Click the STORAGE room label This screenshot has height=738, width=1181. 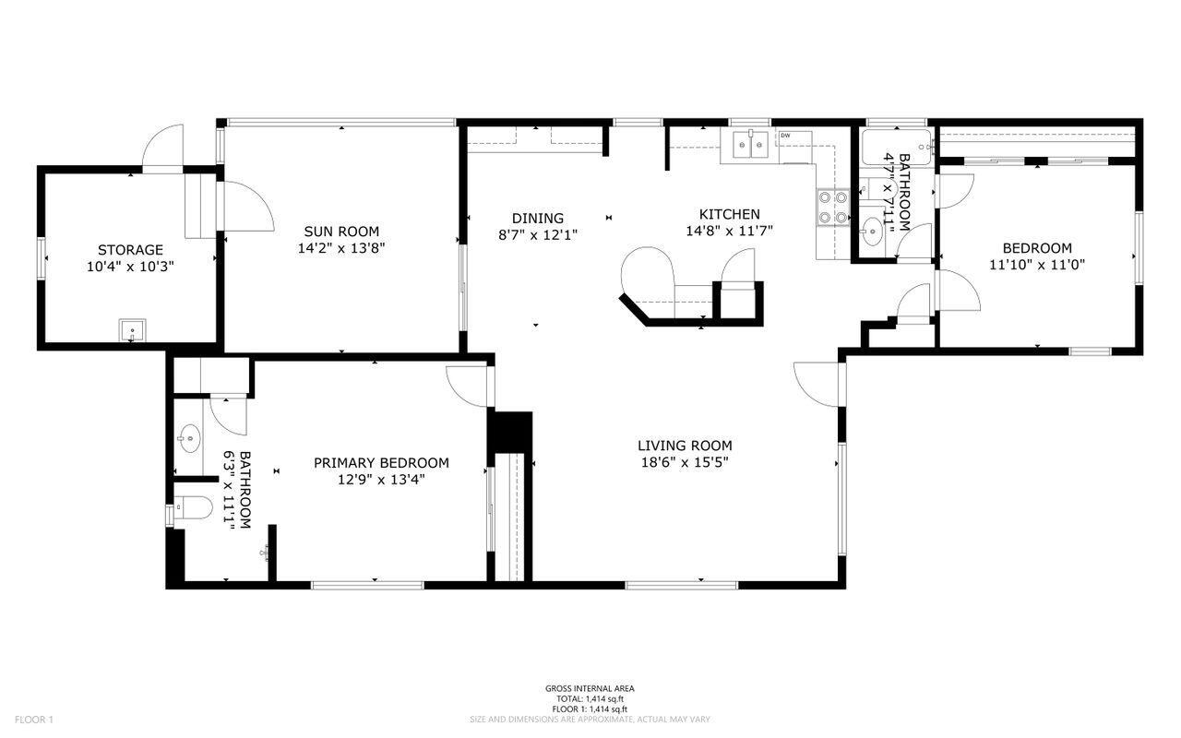coord(130,249)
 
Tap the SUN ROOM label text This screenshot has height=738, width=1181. coord(341,231)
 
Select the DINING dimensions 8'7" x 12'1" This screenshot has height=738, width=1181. coord(538,234)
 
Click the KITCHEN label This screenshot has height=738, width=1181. coord(729,214)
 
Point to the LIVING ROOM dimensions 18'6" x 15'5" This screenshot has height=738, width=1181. coord(685,462)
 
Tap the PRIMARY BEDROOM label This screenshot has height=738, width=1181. coord(381,463)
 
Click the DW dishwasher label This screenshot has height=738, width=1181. coord(785,136)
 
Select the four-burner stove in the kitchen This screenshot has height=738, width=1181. coord(833,208)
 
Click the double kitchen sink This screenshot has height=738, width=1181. coord(751,145)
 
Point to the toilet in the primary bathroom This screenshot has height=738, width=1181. coord(193,507)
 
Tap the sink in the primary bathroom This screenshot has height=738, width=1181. coord(189,438)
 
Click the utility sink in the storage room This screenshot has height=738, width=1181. coord(132,330)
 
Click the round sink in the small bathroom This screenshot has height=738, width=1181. coord(873,231)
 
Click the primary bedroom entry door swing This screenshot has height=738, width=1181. coord(467,387)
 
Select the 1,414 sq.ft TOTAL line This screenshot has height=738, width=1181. coord(590,699)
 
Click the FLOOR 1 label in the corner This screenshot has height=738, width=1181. coord(34,720)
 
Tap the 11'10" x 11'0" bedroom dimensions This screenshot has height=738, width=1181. coord(1036,265)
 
